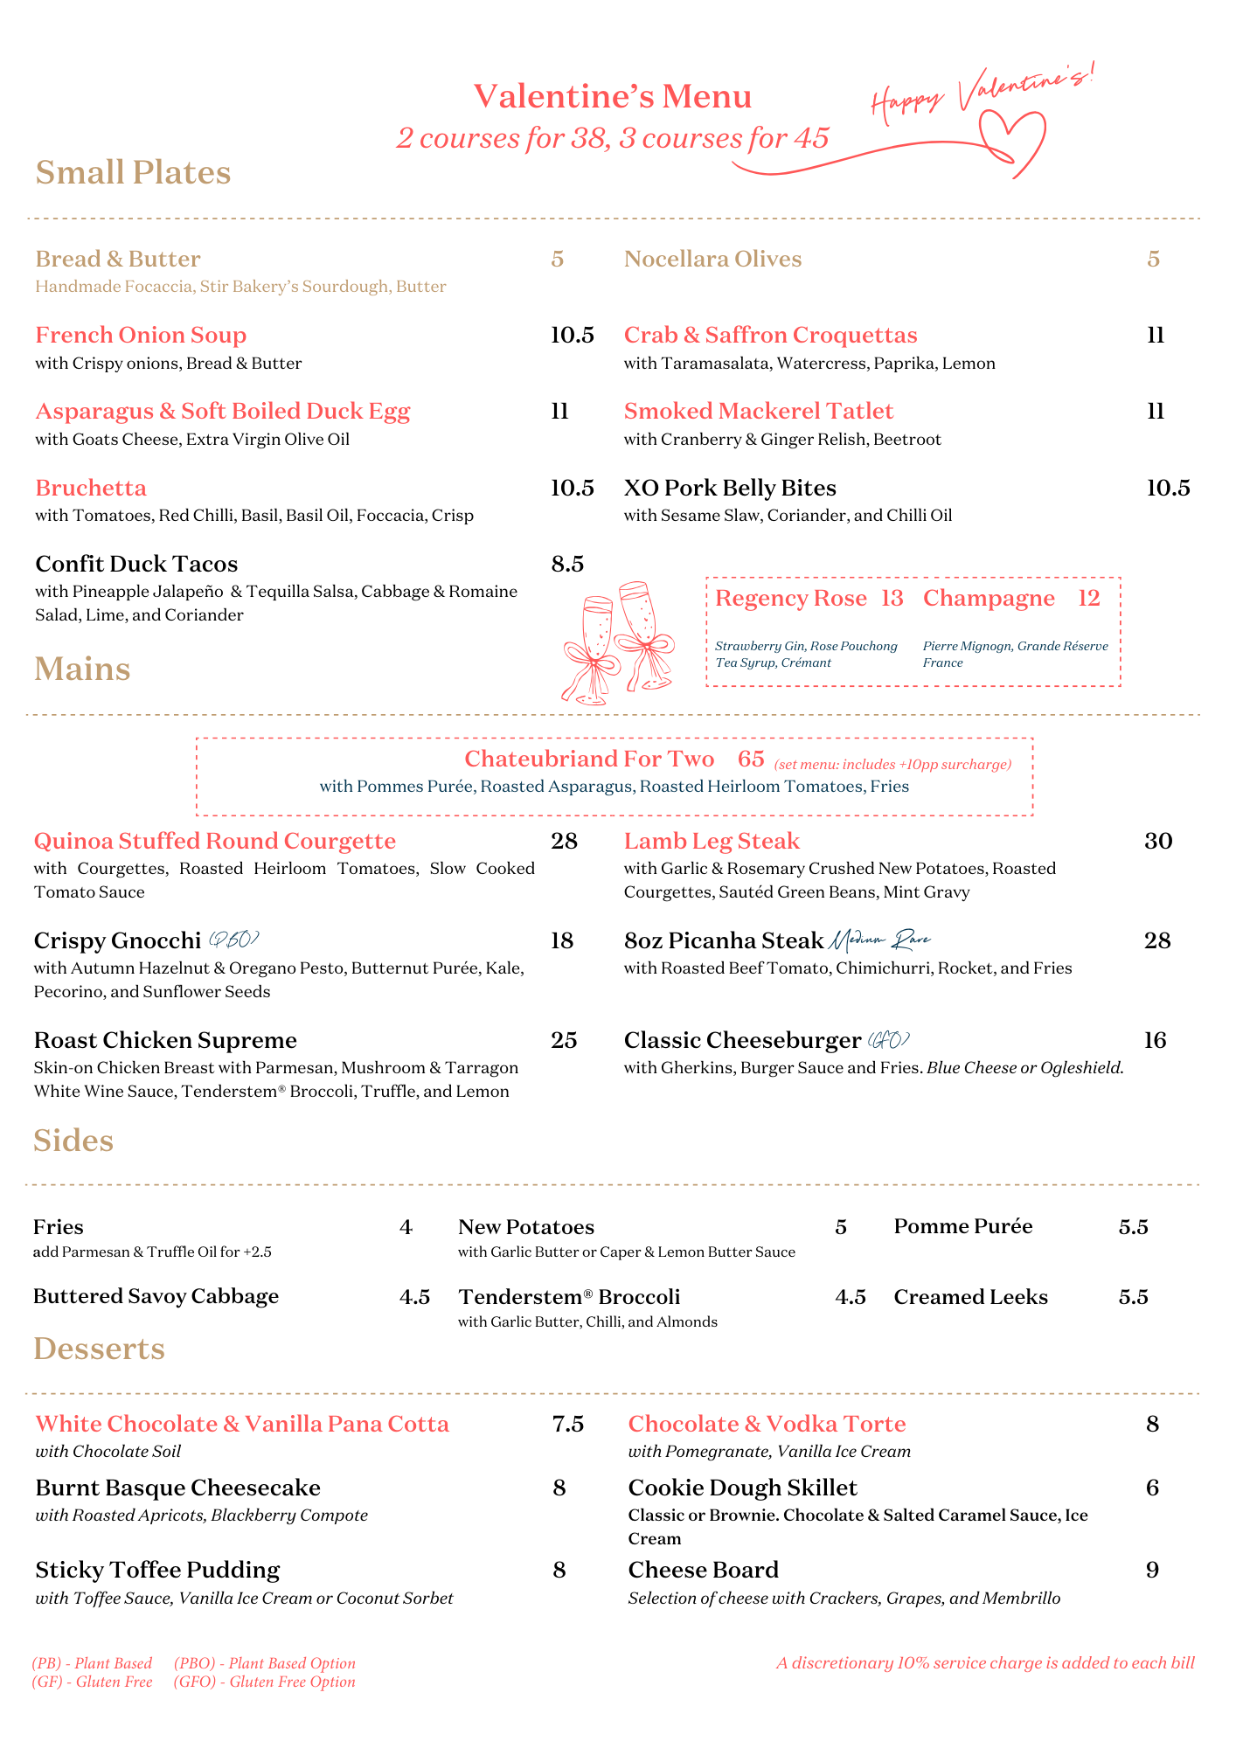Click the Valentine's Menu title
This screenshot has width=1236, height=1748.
tap(613, 97)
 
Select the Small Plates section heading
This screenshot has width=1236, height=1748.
tap(133, 172)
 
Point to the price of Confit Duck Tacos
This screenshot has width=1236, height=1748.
tap(567, 565)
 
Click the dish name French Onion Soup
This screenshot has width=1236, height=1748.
tap(141, 336)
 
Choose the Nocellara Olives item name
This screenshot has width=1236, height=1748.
tap(712, 260)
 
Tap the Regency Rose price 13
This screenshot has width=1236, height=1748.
tap(892, 599)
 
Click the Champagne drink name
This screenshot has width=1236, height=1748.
tap(989, 599)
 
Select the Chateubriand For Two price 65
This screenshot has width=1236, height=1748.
tap(751, 759)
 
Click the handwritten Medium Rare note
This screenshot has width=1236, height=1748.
tap(879, 940)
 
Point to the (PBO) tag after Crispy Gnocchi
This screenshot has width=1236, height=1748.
tap(233, 940)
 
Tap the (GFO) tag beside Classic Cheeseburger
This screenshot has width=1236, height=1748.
tap(889, 1040)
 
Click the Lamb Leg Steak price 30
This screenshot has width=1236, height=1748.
tap(1158, 842)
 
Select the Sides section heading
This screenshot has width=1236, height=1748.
tap(73, 1141)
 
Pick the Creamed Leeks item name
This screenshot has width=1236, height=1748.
tap(970, 1297)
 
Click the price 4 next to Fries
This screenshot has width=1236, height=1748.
tap(406, 1227)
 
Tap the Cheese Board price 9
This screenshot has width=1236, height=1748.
tap(1152, 1571)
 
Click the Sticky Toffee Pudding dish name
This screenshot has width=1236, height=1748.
tap(157, 1571)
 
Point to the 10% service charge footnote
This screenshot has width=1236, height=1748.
tap(985, 1663)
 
